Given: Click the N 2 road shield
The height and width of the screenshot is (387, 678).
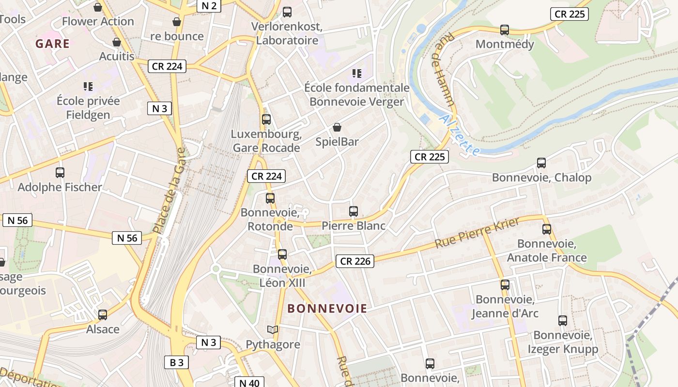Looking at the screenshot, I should (x=209, y=6).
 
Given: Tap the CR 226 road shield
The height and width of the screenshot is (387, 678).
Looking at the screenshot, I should (x=355, y=261).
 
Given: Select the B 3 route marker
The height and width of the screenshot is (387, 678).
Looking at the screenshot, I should (x=176, y=362).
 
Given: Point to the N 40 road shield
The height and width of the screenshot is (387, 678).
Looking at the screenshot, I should (x=249, y=383).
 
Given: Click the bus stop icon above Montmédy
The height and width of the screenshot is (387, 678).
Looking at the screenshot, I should (x=505, y=30).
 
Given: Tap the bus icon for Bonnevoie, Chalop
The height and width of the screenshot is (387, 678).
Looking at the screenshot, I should (x=541, y=163).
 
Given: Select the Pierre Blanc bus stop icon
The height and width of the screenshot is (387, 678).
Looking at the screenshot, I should (x=354, y=211).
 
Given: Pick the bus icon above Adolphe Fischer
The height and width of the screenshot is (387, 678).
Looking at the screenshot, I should (x=60, y=173).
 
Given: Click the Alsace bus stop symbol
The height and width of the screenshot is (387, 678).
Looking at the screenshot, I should (x=103, y=315).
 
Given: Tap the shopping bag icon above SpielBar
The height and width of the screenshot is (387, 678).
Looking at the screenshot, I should (x=337, y=127).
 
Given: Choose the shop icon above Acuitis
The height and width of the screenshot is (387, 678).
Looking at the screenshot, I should (x=116, y=42).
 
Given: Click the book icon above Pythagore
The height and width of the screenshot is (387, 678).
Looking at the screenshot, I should (x=273, y=330).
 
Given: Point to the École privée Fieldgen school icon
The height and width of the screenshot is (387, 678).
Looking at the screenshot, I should (x=88, y=87).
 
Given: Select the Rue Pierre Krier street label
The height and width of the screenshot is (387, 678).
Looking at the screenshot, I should (x=477, y=233).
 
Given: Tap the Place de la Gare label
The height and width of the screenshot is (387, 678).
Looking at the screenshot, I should (x=169, y=191).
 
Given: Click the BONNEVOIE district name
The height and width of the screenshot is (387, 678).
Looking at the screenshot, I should (x=327, y=308).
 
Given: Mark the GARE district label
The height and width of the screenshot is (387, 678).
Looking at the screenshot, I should (x=52, y=44).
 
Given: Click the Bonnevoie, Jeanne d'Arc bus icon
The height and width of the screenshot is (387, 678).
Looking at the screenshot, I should (x=505, y=285).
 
